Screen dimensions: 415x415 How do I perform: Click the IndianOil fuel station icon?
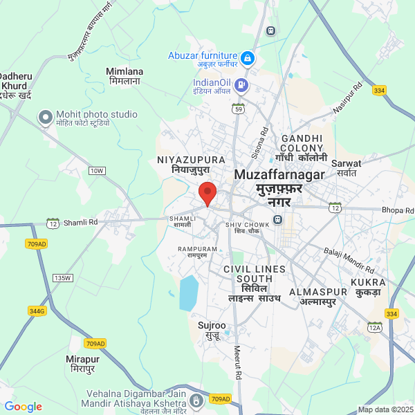tap(241, 86)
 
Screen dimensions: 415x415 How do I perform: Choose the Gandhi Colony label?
tap(298, 142)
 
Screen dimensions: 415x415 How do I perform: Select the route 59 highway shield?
tap(239, 109)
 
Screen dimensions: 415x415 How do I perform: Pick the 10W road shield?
tap(97, 170)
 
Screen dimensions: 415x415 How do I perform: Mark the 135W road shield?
tap(62, 277)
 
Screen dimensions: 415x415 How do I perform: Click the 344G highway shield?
tap(37, 311)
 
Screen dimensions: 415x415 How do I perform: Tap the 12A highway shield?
tap(375, 326)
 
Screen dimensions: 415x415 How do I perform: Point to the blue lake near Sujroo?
tap(188, 293)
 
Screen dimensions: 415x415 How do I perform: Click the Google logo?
tap(23, 407)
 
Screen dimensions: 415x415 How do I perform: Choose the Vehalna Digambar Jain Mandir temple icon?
tap(197, 400)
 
